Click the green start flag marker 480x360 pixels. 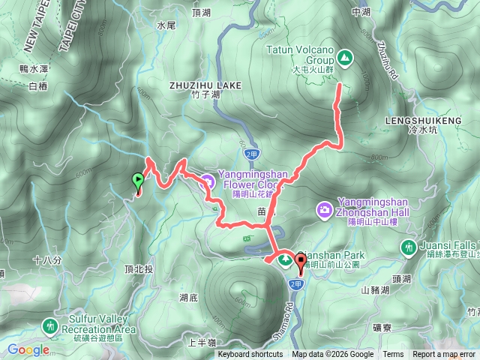[x=138, y=180]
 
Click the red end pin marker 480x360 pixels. [x=302, y=262]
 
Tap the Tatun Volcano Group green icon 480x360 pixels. [x=344, y=56]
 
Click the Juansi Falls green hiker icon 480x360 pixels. [x=409, y=246]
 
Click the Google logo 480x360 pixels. [x=28, y=349]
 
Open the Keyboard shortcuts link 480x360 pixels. [x=250, y=355]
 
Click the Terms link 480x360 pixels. [x=393, y=355]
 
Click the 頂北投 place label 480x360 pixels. [x=139, y=268]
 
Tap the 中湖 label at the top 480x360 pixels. [x=361, y=12]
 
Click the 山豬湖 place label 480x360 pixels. [x=375, y=289]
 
